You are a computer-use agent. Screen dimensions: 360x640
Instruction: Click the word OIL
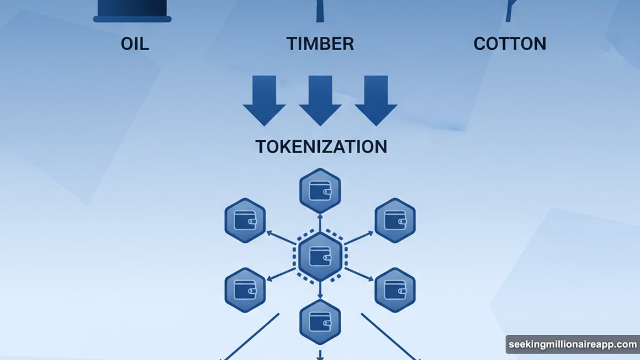[x=134, y=44]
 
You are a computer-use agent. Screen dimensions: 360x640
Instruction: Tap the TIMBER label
[x=320, y=44]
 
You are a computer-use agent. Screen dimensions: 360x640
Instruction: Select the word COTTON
[x=509, y=44]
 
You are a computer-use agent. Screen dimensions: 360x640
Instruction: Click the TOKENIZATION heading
[x=321, y=146]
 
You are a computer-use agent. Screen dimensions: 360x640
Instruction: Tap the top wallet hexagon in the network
[x=320, y=189]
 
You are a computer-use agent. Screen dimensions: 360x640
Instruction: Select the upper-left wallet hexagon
[x=245, y=220]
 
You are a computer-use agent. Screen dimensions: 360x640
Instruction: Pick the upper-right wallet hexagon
[x=395, y=220]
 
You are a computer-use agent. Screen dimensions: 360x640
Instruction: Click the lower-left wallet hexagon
[x=245, y=289]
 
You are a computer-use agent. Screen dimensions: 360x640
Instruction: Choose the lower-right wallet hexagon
[x=395, y=289]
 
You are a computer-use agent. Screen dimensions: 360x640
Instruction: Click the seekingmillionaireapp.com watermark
[x=572, y=344]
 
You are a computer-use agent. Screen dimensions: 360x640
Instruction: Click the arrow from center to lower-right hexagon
[x=359, y=274]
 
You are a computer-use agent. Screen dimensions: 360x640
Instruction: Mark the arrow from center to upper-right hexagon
[x=359, y=237]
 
